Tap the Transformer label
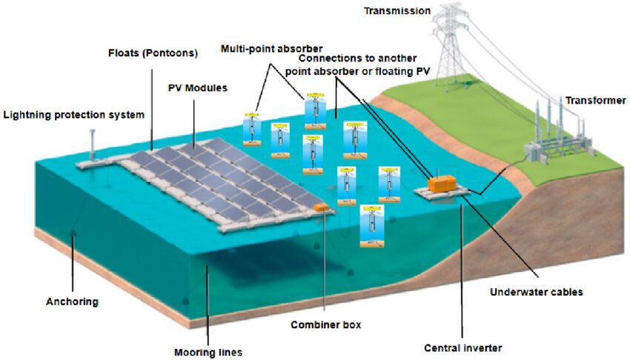coord(596,101)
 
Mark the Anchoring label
coord(72,301)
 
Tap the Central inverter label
coord(462,347)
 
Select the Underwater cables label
coord(537,292)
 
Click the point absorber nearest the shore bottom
coord(371,226)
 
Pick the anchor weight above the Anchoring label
coord(73,236)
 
